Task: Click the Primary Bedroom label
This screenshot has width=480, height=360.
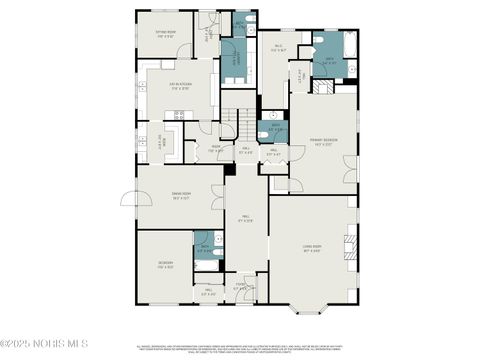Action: [x=319, y=142]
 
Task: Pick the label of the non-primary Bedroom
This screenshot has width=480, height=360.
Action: [x=165, y=265]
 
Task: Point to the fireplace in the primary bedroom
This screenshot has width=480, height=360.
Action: [x=321, y=87]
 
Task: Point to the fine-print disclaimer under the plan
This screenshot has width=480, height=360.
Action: [x=240, y=349]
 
